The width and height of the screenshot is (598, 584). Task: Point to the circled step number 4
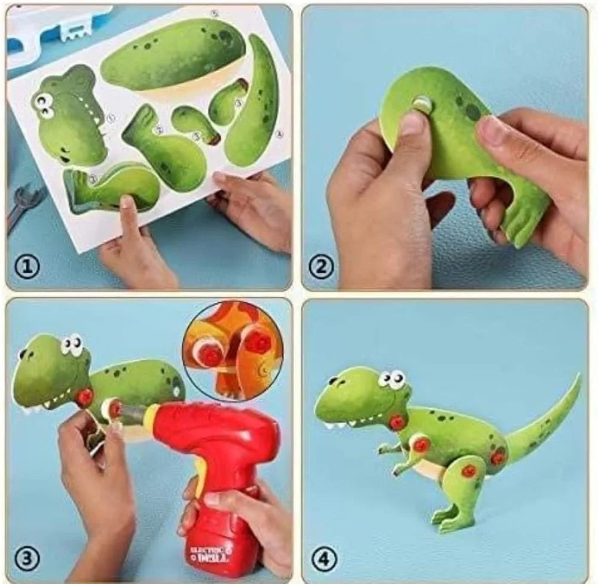(322, 560)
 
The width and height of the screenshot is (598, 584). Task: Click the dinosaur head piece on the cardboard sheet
(69, 117)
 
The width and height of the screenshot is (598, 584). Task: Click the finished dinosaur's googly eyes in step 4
(392, 379)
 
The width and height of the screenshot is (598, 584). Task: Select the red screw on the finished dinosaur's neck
(396, 422)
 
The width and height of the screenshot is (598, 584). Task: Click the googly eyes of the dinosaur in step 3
(72, 344)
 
